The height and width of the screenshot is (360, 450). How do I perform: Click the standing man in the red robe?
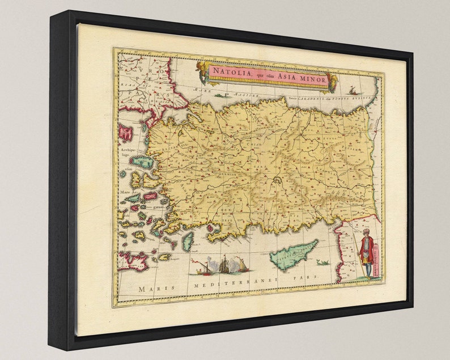[367, 255]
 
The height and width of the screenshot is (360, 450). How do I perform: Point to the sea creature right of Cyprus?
[323, 262]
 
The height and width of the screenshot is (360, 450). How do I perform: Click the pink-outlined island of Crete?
[133, 261]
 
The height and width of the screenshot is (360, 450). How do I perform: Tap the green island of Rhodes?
[188, 241]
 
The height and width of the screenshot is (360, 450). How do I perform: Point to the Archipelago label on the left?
[127, 156]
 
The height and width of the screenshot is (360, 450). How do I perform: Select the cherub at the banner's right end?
[333, 83]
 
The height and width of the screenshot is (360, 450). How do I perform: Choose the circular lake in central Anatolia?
[277, 181]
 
